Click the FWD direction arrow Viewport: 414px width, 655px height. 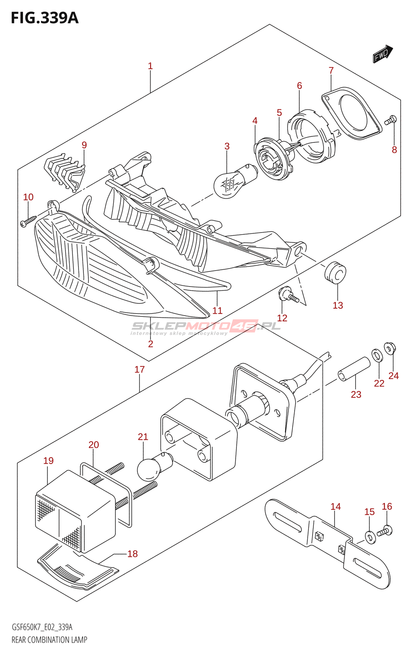pos(383,54)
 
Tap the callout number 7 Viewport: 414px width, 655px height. pos(331,70)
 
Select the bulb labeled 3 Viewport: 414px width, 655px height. pos(236,181)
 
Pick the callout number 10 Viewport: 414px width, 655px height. pos(28,197)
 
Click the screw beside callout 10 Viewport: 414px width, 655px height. pos(28,221)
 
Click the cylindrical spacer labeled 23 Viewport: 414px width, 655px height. pos(354,369)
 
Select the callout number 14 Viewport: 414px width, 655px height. pos(336,506)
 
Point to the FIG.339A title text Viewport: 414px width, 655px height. pos(45,18)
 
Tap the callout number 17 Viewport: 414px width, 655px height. pos(139,369)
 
